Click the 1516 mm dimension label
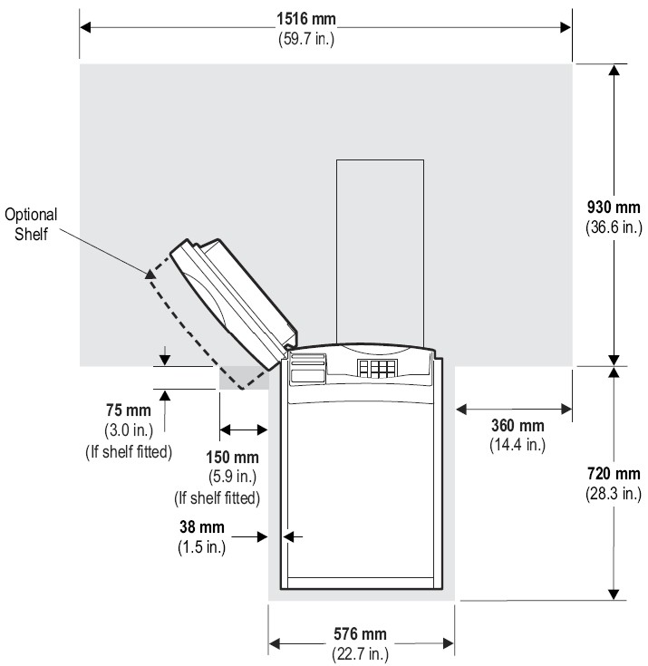click(x=306, y=19)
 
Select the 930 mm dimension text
click(x=614, y=208)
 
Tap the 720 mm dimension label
click(x=614, y=473)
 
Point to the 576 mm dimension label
click(x=360, y=634)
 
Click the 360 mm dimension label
click(x=517, y=425)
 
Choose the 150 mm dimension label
click(x=232, y=458)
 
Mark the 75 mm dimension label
click(x=129, y=410)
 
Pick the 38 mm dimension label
click(x=202, y=527)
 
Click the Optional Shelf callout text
click(x=31, y=225)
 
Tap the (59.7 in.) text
click(x=306, y=39)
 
